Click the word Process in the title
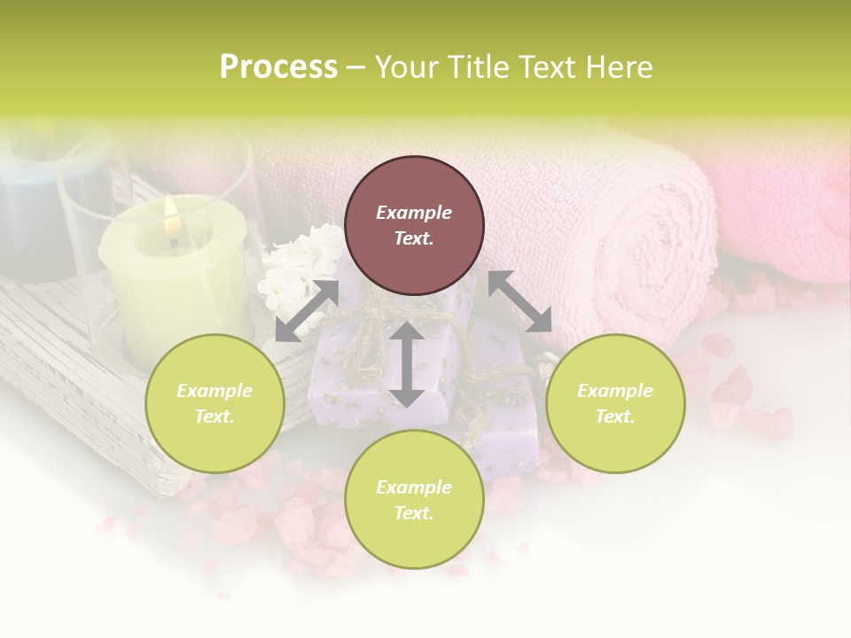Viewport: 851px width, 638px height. point(278,67)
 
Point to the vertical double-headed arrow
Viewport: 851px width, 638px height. point(407,364)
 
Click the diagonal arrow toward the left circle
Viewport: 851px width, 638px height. point(307,311)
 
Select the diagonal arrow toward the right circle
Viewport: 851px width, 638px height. point(519,301)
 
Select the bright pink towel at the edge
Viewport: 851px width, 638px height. point(789,222)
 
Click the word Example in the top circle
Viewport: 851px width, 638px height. point(414,213)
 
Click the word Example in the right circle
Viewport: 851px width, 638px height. point(615,391)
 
